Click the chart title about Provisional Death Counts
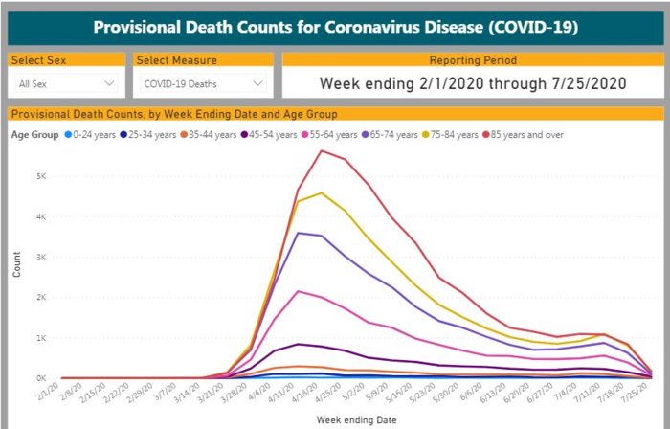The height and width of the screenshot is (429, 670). pos(335,26)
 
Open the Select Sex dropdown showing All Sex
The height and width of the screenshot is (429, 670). pos(65,84)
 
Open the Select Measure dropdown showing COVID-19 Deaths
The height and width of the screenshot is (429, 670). pos(203,84)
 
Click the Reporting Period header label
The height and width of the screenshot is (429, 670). pos(473,60)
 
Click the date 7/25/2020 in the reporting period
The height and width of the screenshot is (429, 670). pos(592,83)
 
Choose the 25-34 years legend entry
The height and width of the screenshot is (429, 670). pos(151,134)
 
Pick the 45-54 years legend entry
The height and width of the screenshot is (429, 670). pos(278,134)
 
